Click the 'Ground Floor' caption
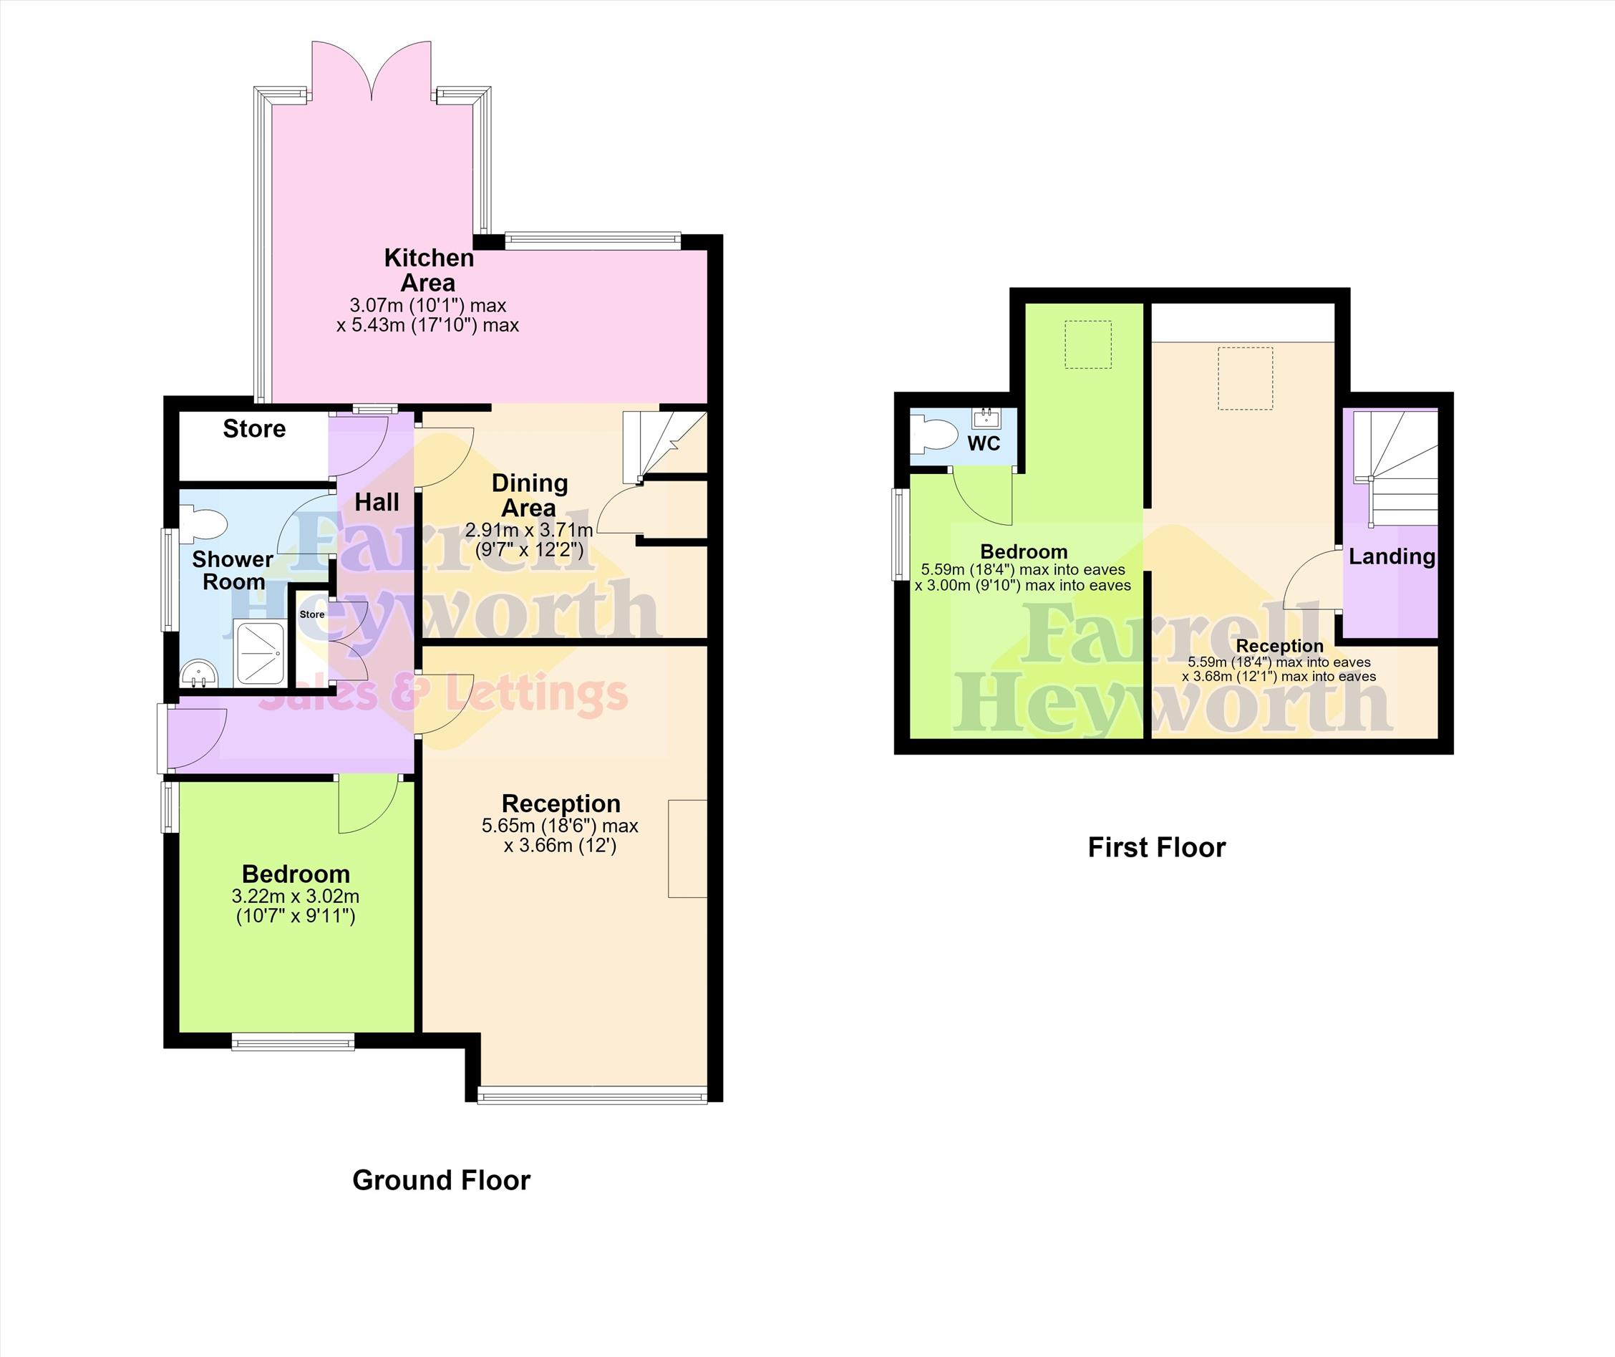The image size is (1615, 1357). click(x=442, y=1180)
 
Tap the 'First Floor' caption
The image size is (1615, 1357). click(x=1157, y=847)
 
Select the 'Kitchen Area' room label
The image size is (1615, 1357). click(x=429, y=270)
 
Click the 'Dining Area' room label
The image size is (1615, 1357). click(x=530, y=496)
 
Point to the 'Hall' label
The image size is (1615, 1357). click(x=377, y=502)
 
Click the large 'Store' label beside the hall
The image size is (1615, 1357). click(x=255, y=428)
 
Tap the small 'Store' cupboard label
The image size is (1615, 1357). click(x=312, y=614)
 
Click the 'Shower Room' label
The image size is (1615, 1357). click(x=233, y=570)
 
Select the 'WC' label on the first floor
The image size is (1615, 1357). click(x=984, y=443)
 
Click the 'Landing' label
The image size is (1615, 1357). click(x=1392, y=556)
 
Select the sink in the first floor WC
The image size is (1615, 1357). click(x=985, y=417)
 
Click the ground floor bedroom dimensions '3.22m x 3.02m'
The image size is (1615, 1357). click(x=296, y=897)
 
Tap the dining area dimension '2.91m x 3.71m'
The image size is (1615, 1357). click(x=529, y=530)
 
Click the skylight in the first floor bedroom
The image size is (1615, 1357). click(x=1088, y=344)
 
